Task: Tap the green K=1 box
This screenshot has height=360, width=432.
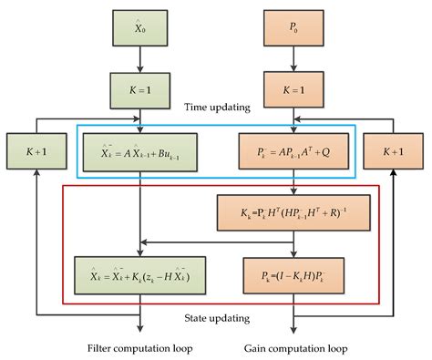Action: [139, 91]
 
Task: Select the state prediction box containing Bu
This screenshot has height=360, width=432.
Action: [139, 147]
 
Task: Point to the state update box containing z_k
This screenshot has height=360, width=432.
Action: [139, 271]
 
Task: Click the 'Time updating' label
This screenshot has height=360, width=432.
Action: [216, 108]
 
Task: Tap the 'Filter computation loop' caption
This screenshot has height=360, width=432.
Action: [139, 347]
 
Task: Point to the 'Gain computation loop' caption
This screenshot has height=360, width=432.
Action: [293, 347]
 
